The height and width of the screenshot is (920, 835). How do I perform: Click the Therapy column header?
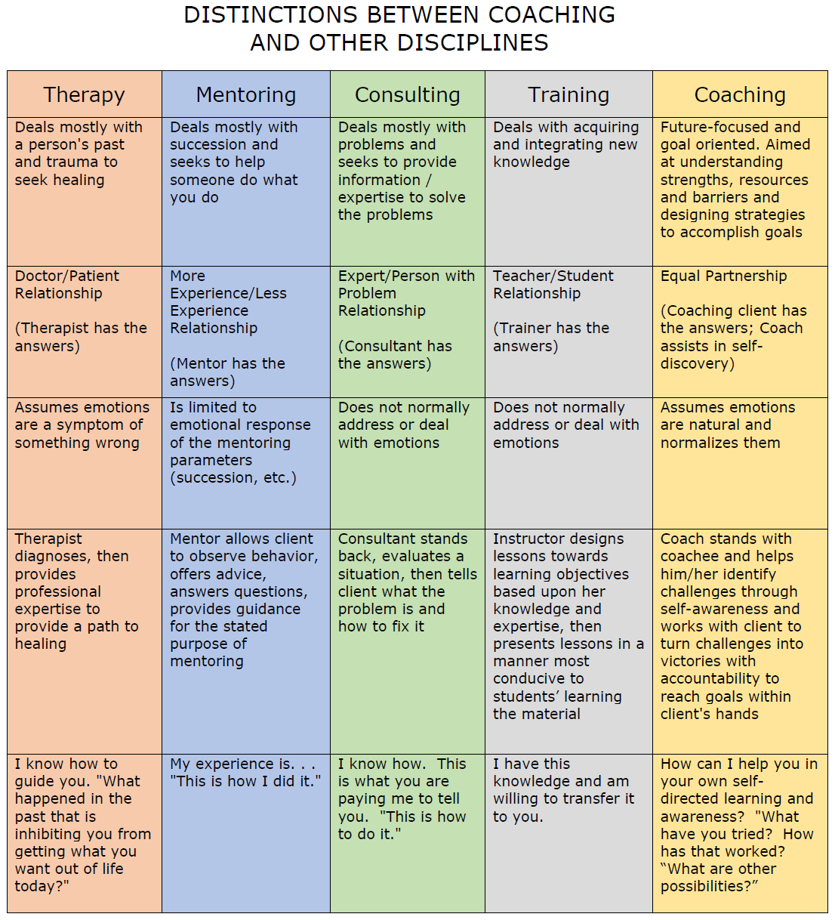click(x=84, y=95)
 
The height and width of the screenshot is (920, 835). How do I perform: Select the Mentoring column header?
click(x=246, y=95)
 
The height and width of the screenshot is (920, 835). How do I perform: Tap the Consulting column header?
click(x=407, y=95)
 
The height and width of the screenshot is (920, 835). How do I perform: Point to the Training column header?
click(x=568, y=95)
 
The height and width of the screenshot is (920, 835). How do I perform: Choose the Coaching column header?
click(x=740, y=95)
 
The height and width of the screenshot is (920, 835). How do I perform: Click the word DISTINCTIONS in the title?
click(x=270, y=14)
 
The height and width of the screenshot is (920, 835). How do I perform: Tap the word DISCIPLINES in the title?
click(x=473, y=42)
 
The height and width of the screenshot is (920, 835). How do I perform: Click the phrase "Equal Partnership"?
click(x=723, y=276)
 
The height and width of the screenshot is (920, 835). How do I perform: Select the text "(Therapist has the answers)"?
click(x=81, y=337)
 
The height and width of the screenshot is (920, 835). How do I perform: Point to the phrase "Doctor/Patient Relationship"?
click(x=67, y=284)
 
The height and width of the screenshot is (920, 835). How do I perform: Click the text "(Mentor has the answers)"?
click(x=227, y=372)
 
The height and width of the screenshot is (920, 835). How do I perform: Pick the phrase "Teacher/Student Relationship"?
click(x=553, y=284)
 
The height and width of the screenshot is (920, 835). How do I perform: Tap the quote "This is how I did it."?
click(x=245, y=781)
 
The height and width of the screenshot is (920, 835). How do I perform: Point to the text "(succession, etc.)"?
click(x=233, y=478)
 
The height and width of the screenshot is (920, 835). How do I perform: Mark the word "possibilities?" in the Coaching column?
click(x=710, y=886)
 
